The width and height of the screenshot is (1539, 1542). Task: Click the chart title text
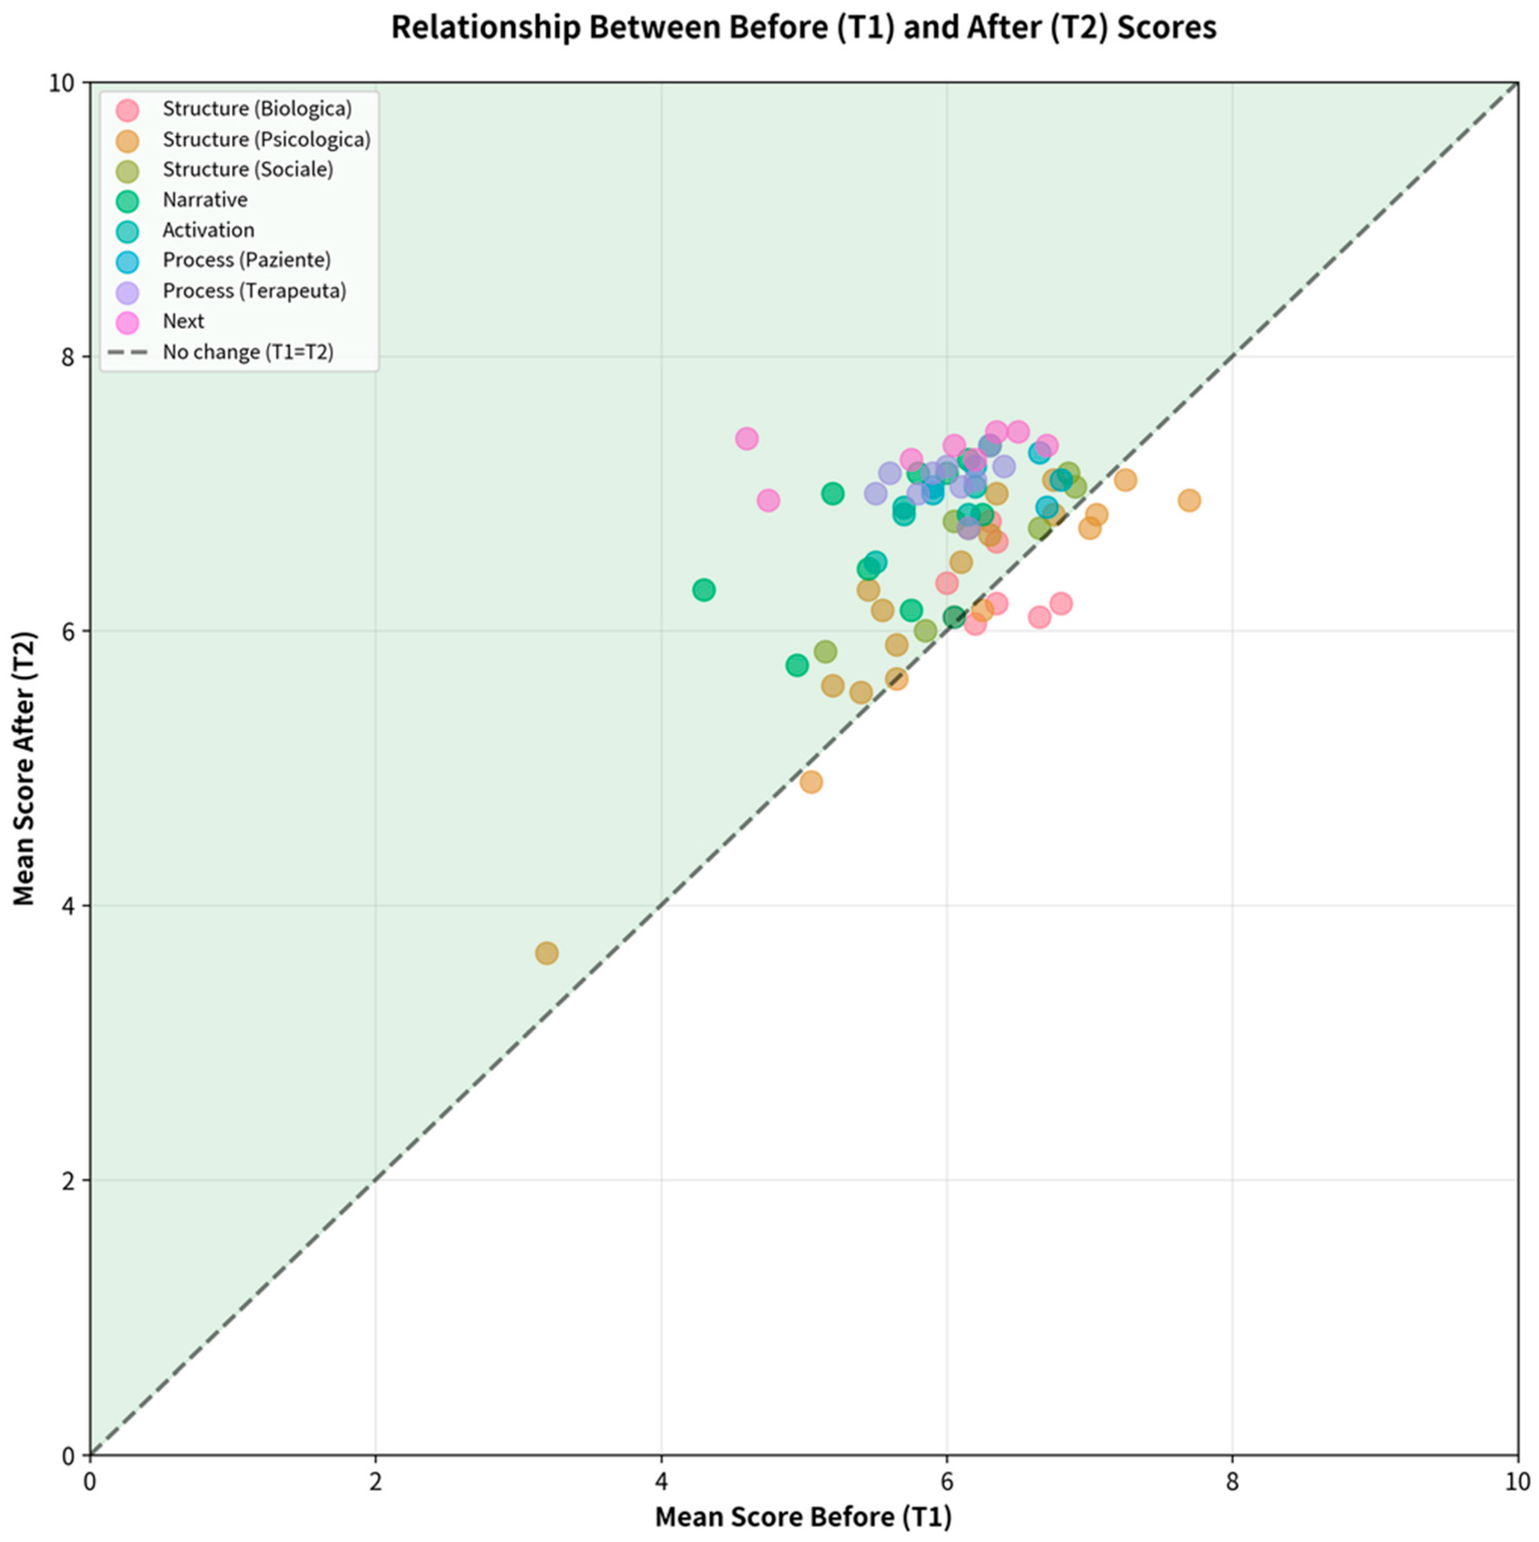pyautogui.click(x=803, y=28)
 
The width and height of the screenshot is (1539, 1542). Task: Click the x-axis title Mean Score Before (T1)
pyautogui.click(x=803, y=1516)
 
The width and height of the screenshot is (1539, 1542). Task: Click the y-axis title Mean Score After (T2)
pyautogui.click(x=25, y=768)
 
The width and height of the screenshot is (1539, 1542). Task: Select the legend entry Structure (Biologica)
pyautogui.click(x=256, y=108)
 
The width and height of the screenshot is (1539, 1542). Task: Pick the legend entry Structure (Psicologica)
pyautogui.click(x=266, y=139)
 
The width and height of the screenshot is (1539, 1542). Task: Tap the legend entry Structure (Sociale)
pyautogui.click(x=247, y=169)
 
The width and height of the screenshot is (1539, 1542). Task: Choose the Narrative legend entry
pyautogui.click(x=204, y=200)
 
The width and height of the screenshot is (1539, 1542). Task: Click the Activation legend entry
pyautogui.click(x=208, y=230)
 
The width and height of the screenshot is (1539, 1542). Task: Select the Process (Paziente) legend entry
pyautogui.click(x=246, y=260)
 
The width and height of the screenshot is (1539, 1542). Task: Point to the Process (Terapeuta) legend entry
pyautogui.click(x=254, y=291)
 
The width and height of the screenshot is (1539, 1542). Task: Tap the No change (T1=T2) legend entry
pyautogui.click(x=247, y=352)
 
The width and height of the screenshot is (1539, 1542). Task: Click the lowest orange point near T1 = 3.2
pyautogui.click(x=546, y=952)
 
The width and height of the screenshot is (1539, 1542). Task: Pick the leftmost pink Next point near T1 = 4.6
pyautogui.click(x=746, y=438)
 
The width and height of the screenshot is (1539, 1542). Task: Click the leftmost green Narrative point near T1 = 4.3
pyautogui.click(x=703, y=590)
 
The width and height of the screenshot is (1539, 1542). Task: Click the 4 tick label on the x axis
pyautogui.click(x=661, y=1481)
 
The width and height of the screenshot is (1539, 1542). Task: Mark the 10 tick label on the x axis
pyautogui.click(x=1515, y=1481)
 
